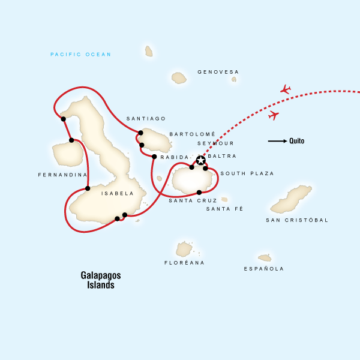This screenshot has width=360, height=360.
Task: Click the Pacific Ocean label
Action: coord(81,55)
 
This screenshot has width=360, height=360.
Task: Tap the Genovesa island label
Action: coord(218,72)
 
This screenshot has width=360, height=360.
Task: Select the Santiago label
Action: coord(146,119)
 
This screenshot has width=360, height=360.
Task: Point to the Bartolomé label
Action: coord(192,134)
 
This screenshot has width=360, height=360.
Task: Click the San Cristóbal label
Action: coord(297,220)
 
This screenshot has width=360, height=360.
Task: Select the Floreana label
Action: coord(184,263)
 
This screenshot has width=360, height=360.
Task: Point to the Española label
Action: coord(264,269)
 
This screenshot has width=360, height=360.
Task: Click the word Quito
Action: coord(296,142)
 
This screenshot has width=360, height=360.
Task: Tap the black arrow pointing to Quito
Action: coord(277,142)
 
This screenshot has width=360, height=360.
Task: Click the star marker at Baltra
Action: coord(200,160)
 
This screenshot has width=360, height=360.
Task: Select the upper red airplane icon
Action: coord(286,89)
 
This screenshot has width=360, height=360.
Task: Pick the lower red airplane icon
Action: coord(274,115)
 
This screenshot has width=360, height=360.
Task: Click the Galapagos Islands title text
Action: coord(101,280)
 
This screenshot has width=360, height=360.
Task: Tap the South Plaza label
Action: coord(247,173)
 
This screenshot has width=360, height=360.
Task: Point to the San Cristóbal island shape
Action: coord(291,200)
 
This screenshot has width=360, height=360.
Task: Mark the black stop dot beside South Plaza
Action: coord(206,169)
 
